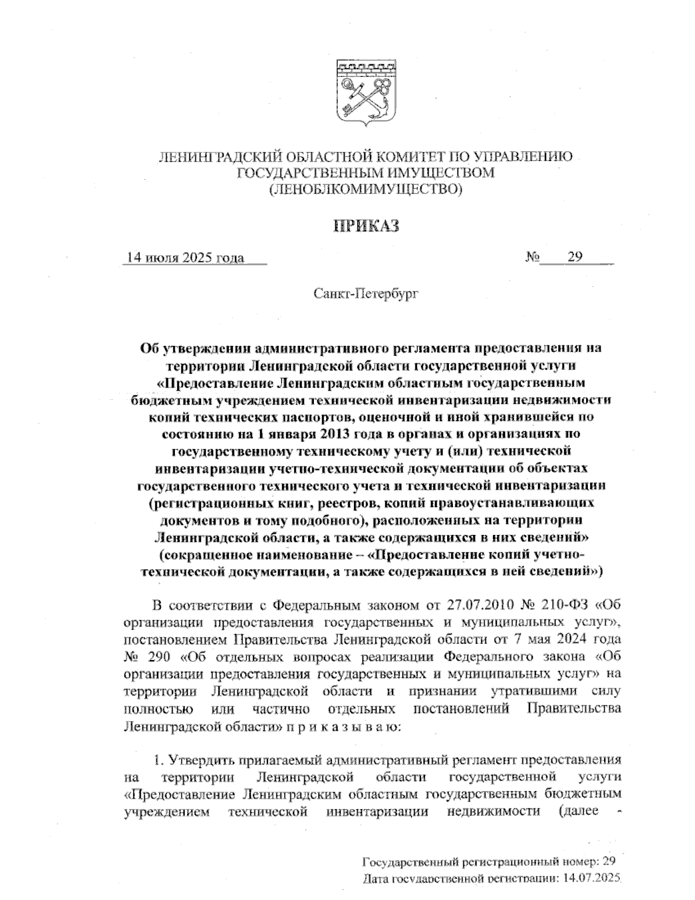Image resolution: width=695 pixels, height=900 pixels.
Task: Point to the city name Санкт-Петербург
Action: [x=365, y=294]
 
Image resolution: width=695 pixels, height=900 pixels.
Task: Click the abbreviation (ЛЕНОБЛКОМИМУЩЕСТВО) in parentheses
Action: [x=365, y=189]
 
